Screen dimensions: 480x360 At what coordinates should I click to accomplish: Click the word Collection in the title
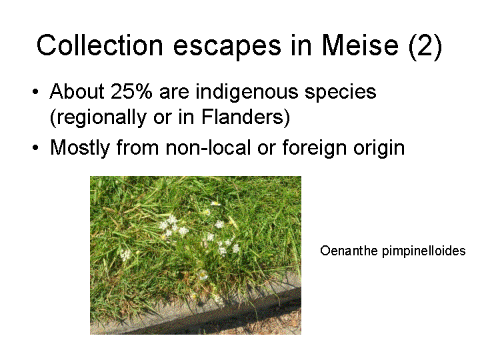100,45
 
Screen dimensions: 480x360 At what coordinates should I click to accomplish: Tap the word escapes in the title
227,47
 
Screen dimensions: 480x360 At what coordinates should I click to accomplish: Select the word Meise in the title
360,45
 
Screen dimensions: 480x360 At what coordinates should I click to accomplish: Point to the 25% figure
131,91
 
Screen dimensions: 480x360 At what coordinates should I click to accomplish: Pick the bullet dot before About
35,92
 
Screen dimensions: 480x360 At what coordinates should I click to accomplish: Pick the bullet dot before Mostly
35,148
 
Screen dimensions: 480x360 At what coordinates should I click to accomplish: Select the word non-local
208,147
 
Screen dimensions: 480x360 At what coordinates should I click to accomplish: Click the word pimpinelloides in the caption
424,251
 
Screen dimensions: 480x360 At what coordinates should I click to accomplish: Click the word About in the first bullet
77,91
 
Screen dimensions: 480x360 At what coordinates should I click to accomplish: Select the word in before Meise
301,45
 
